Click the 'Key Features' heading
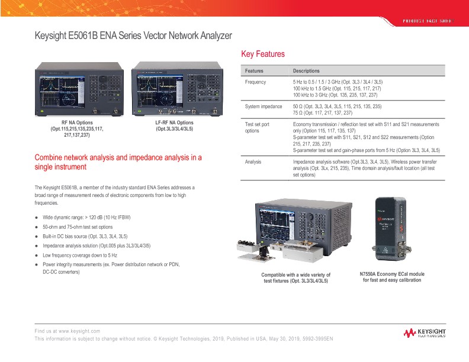[263, 54]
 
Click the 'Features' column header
[255, 70]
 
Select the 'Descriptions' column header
[306, 70]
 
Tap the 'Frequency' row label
[256, 82]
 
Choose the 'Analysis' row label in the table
[255, 161]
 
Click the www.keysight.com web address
[79, 331]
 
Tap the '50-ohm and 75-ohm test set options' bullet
[78, 227]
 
